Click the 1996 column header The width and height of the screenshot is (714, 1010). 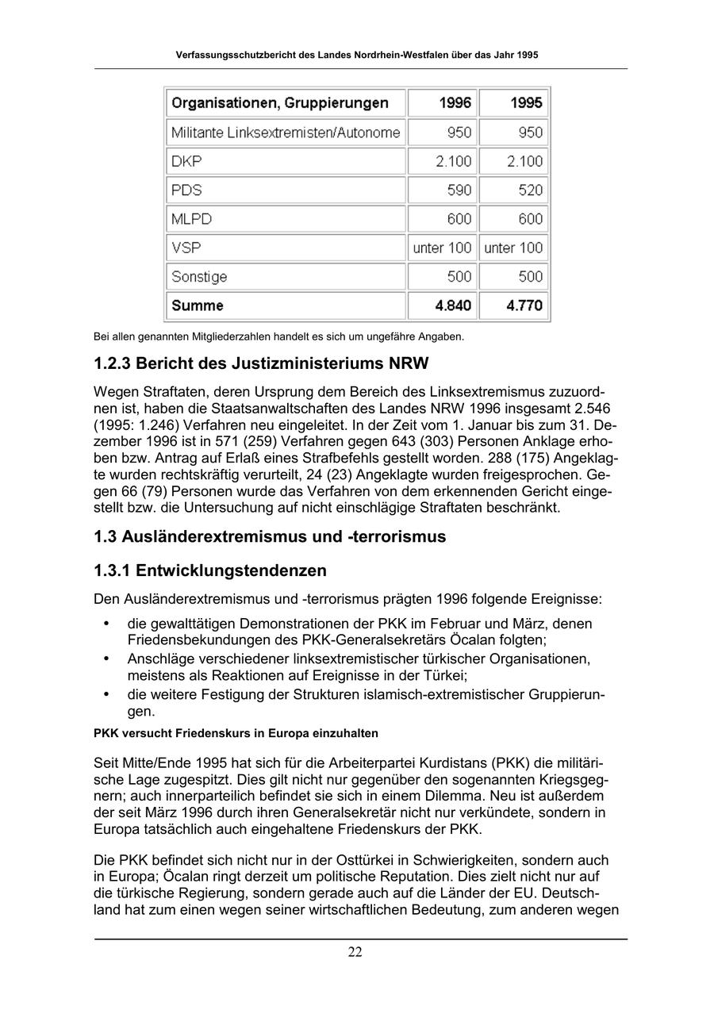click(455, 103)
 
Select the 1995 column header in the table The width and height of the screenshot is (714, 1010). click(526, 103)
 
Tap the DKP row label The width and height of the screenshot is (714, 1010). click(186, 161)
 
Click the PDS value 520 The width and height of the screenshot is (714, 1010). click(530, 190)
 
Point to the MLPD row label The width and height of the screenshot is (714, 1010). click(191, 219)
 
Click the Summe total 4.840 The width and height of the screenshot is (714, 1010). click(454, 305)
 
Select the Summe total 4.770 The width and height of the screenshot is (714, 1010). click(524, 305)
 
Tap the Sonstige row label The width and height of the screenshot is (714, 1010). click(199, 277)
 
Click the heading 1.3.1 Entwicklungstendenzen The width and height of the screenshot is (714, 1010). click(210, 570)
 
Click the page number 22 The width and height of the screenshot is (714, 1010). click(355, 952)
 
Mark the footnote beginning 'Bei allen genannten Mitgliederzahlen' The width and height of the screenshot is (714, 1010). click(278, 336)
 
